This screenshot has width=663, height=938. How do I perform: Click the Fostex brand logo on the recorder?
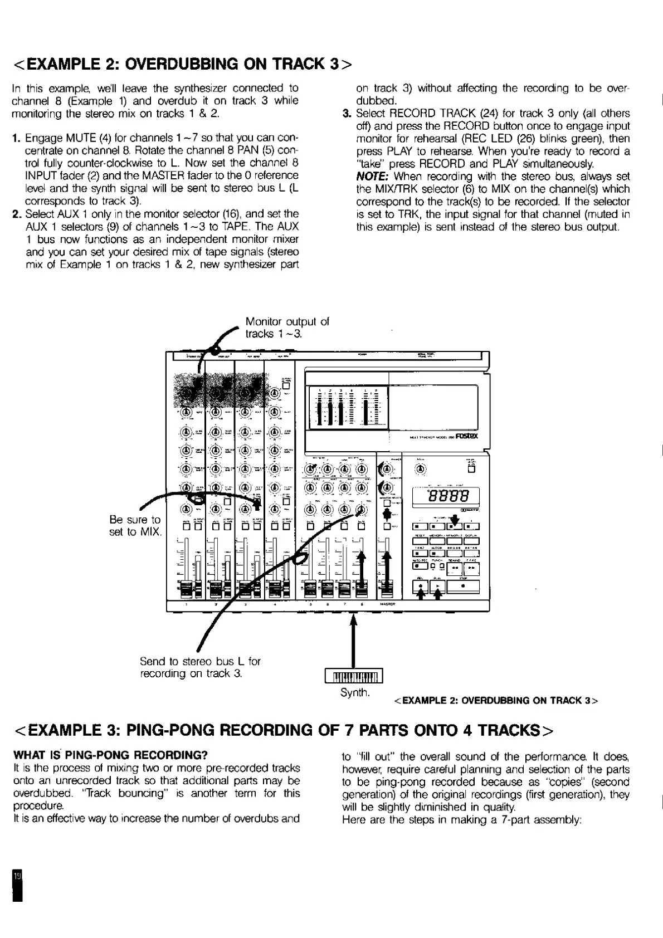point(467,436)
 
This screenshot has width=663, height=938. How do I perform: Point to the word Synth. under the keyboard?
point(355,692)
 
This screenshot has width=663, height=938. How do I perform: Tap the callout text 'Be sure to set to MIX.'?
point(135,525)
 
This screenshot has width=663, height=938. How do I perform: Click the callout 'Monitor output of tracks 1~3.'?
point(287,328)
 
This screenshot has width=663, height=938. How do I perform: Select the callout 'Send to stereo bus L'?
point(199,667)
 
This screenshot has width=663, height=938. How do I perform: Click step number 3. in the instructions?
point(346,114)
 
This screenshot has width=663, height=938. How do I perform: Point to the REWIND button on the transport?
point(456,568)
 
